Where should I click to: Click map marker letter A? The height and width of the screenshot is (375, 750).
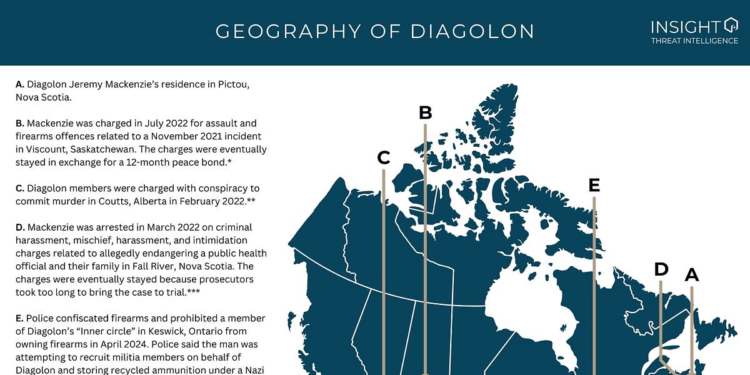(691, 274)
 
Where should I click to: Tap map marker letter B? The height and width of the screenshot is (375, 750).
(425, 113)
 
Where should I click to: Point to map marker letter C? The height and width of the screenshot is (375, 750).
(384, 158)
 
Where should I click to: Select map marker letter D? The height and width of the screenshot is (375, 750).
(661, 269)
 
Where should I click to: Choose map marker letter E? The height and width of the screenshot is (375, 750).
(594, 185)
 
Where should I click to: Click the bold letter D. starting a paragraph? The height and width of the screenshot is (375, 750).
(20, 227)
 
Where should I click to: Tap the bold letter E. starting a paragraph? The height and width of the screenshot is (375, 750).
(20, 319)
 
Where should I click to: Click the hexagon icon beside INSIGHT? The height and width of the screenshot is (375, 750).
(730, 26)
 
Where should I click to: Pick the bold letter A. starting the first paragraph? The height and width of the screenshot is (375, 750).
(20, 84)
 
